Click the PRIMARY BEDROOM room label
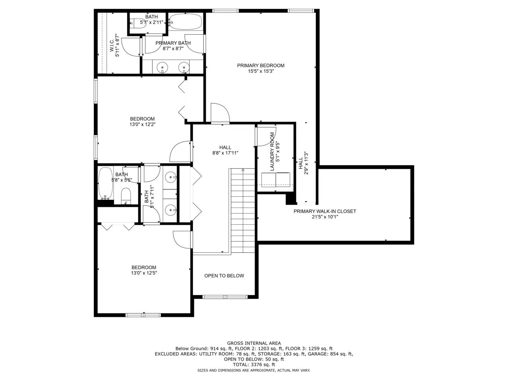coord(261,66)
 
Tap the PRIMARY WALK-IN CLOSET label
coord(325,211)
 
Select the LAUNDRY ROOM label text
coord(272,152)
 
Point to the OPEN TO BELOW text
coord(224,276)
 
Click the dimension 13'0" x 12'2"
coord(142,125)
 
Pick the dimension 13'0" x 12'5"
coord(144,273)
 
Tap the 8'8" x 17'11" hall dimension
coord(225,153)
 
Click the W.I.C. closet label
coord(112,46)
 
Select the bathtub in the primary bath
coord(185,22)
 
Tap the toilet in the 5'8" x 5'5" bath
coord(126,196)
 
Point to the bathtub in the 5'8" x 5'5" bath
coord(105,183)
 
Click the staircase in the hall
coord(243,211)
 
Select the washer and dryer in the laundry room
coord(276,180)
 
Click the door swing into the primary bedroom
coord(220,113)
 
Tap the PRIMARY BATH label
coord(173,43)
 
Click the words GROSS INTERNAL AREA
coord(254,343)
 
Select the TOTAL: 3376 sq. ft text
coord(254,365)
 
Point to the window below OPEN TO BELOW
coord(225,297)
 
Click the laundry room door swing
coord(266,137)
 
